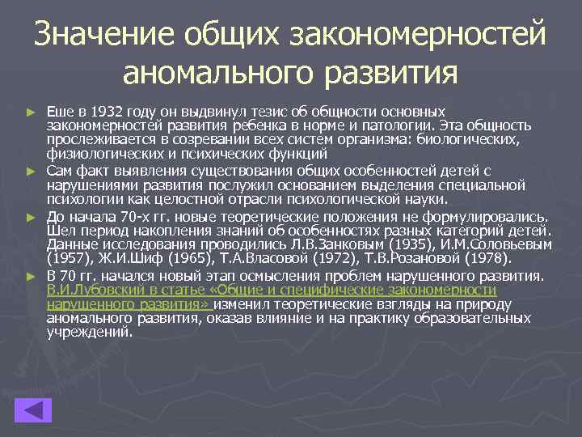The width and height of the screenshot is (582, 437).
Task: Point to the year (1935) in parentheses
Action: pos(388,244)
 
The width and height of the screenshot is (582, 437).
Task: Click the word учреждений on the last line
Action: pos(88,332)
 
